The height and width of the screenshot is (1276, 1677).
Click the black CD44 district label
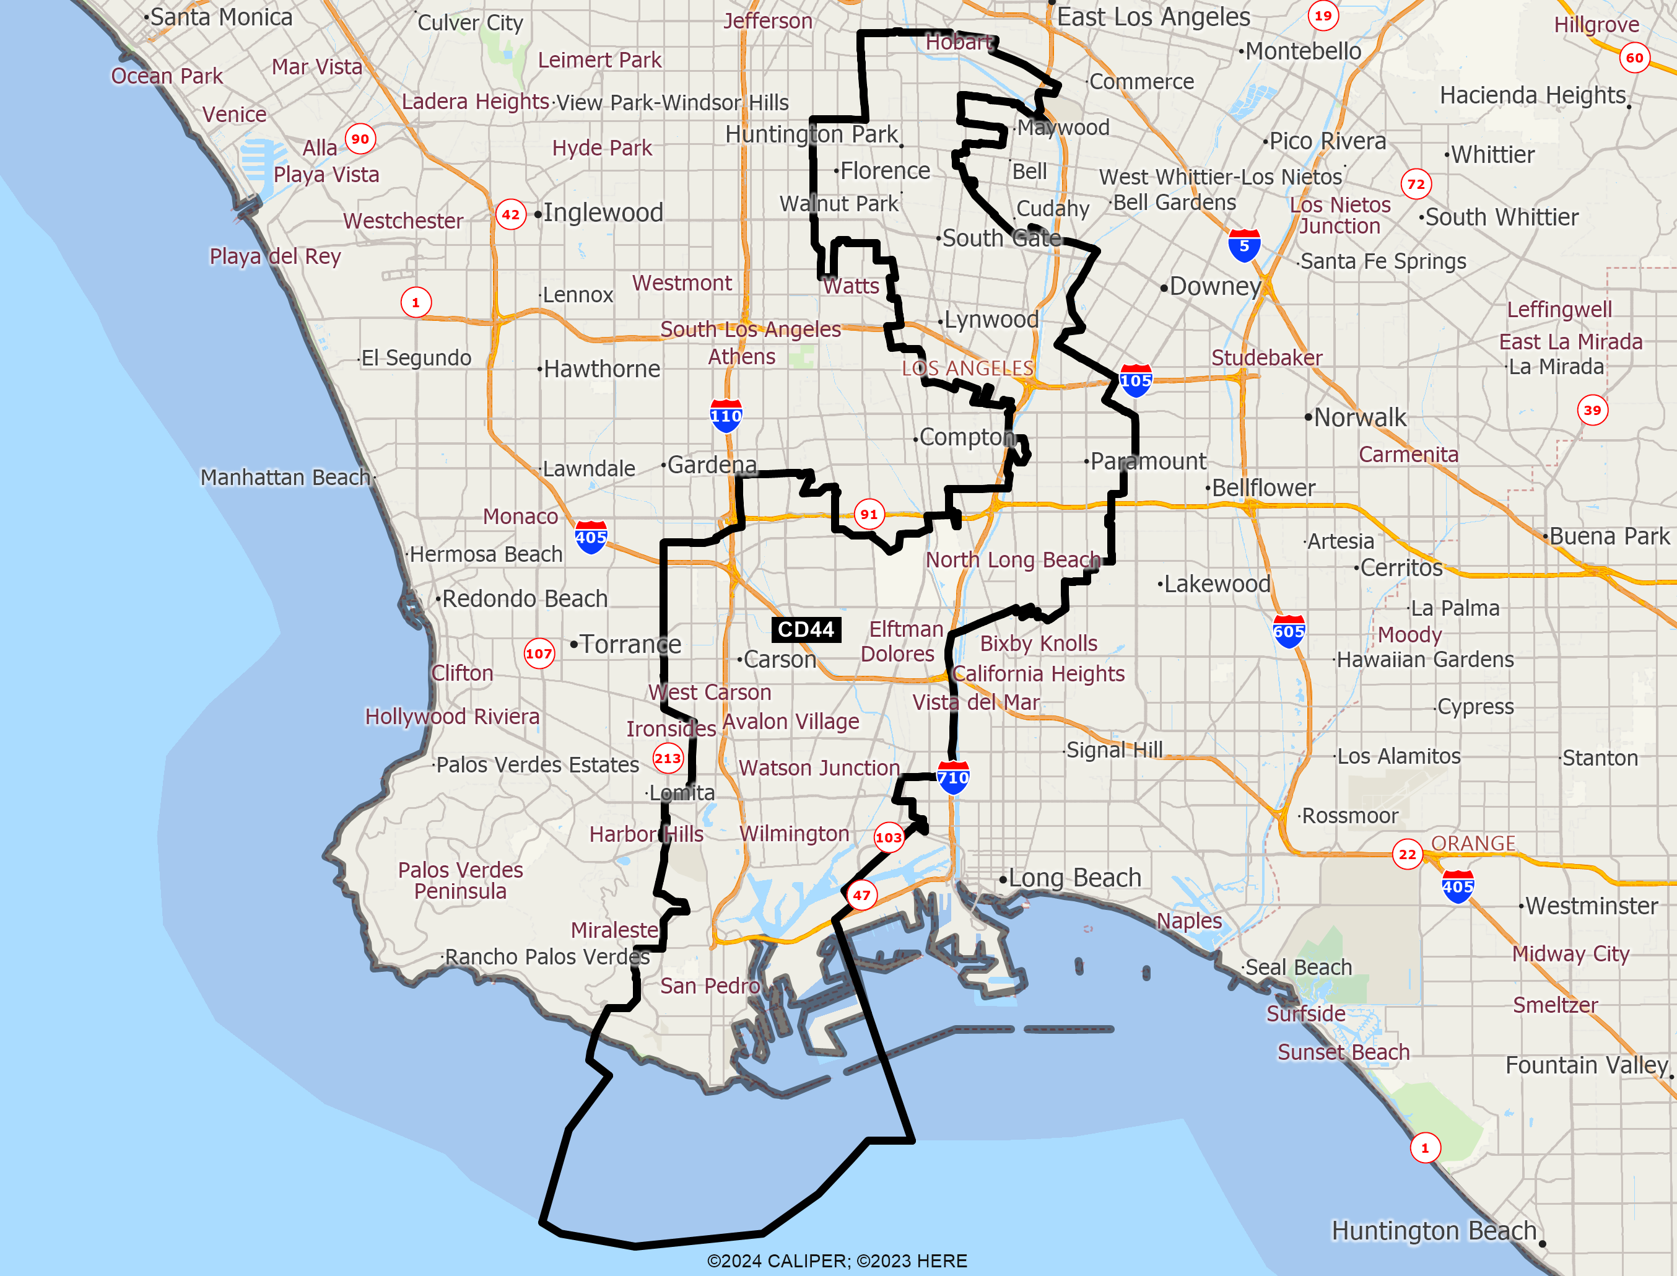(x=806, y=630)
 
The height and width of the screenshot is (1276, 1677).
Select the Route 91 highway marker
(x=868, y=514)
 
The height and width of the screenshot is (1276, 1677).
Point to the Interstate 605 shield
(x=1288, y=631)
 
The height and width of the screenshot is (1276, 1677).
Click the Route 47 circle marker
(x=861, y=894)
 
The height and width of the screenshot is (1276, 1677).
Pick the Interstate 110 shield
(x=726, y=416)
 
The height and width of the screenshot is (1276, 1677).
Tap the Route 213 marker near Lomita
(x=668, y=758)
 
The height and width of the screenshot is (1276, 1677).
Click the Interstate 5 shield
(x=1244, y=246)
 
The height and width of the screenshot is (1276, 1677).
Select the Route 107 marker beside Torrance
(x=539, y=653)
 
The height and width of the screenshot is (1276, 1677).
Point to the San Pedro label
(x=710, y=986)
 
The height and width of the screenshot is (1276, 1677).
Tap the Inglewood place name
(x=603, y=212)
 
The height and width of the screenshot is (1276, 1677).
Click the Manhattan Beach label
(x=285, y=477)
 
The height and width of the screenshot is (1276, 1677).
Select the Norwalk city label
(x=1360, y=417)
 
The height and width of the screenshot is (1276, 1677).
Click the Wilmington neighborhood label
(x=794, y=833)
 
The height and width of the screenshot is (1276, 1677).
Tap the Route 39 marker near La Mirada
(x=1592, y=410)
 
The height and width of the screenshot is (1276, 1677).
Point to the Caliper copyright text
(x=837, y=1261)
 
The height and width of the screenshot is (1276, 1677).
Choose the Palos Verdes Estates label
(x=538, y=764)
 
